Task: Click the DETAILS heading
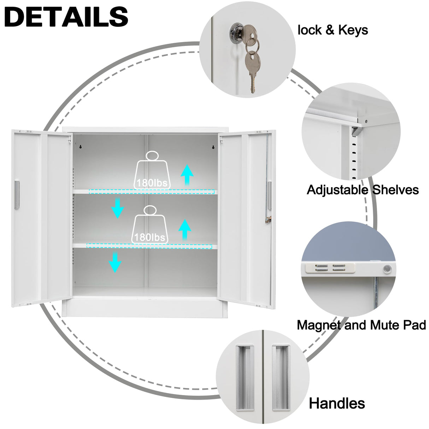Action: coord(66,16)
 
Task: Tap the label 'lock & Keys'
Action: coord(333,30)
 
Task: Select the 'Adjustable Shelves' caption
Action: coord(363,190)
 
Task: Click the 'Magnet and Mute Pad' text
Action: coord(361,325)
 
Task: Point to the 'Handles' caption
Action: coord(337,403)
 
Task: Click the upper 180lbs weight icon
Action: coord(152,171)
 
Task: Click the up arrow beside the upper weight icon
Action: coord(187,175)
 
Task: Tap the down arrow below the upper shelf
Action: coord(117,208)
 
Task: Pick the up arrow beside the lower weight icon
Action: coord(185,229)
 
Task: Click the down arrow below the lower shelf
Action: coord(115,262)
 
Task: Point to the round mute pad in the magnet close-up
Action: coord(388,269)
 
